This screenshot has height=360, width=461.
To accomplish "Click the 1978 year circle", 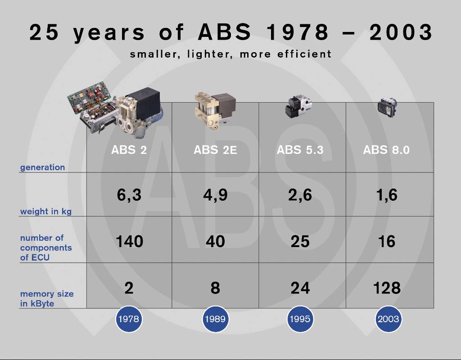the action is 129,319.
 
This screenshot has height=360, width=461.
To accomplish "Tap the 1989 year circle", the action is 215,319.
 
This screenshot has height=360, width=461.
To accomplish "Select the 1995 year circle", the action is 300,319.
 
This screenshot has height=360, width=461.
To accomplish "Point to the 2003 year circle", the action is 388,319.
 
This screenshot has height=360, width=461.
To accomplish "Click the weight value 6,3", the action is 129,195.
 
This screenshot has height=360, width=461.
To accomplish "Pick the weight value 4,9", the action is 215,195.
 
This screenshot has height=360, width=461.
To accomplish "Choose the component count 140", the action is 129,241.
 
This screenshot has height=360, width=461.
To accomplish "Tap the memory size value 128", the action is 387,288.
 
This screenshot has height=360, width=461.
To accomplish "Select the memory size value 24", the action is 300,288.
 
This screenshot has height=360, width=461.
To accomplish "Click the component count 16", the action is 387,241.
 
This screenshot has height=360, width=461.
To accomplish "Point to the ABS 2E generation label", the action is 215,150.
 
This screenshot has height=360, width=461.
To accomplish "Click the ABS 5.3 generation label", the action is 300,150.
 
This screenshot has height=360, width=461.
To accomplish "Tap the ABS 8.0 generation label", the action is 386,150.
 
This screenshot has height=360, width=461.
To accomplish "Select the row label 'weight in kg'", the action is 46,211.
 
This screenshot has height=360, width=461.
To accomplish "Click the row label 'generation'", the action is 42,167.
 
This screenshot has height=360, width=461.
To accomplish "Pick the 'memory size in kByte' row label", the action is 47,299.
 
